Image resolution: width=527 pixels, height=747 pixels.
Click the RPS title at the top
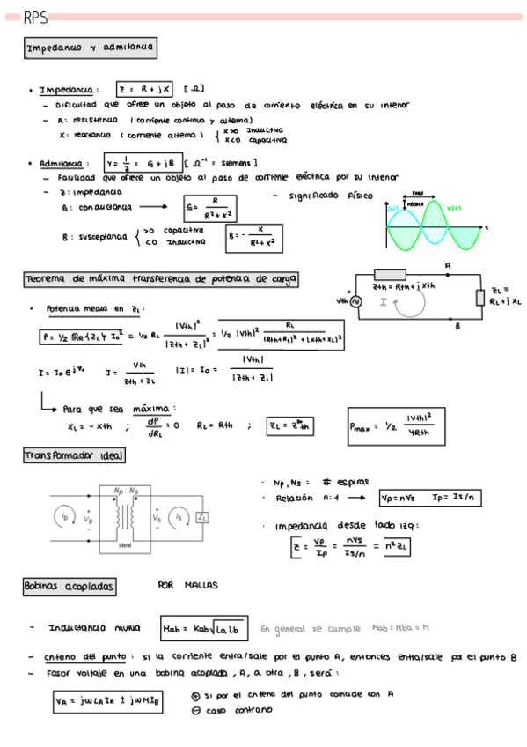pyautogui.click(x=35, y=17)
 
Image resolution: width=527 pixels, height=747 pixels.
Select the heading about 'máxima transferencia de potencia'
pyautogui.click(x=161, y=280)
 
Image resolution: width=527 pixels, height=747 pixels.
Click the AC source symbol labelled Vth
pyautogui.click(x=357, y=301)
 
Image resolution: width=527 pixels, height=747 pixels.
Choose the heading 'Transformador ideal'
pyautogui.click(x=75, y=456)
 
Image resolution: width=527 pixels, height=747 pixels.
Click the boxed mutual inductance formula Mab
pyautogui.click(x=205, y=628)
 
